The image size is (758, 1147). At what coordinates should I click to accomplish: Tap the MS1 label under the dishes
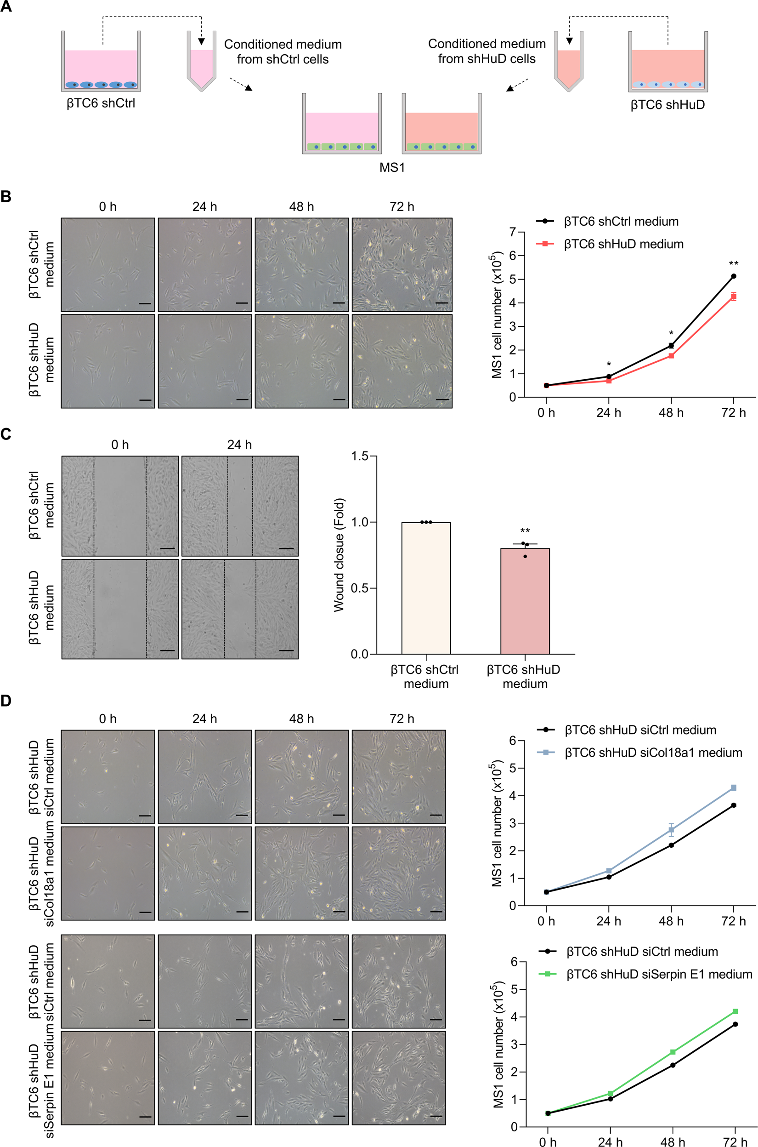pyautogui.click(x=391, y=167)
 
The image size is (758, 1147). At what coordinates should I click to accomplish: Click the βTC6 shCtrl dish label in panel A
pyautogui.click(x=101, y=103)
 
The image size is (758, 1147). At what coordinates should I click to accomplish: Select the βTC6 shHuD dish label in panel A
pyautogui.click(x=667, y=104)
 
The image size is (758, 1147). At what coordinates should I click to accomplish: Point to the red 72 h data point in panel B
pyautogui.click(x=733, y=297)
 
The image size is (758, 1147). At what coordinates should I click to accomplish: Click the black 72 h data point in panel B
pyautogui.click(x=733, y=276)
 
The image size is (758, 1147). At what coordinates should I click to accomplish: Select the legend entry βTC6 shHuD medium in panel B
pyautogui.click(x=623, y=244)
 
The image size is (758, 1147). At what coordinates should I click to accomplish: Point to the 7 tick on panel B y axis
pyautogui.click(x=512, y=232)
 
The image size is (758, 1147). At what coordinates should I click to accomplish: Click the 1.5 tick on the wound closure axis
pyautogui.click(x=360, y=456)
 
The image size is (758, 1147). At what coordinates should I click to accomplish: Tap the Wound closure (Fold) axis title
pyautogui.click(x=339, y=555)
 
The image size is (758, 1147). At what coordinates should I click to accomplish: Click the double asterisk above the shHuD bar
pyautogui.click(x=525, y=531)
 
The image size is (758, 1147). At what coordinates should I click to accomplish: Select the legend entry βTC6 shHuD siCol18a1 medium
pyautogui.click(x=653, y=753)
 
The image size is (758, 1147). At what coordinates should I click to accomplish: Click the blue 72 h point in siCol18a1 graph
pyautogui.click(x=733, y=788)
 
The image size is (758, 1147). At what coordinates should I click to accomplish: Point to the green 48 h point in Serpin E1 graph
pyautogui.click(x=673, y=1052)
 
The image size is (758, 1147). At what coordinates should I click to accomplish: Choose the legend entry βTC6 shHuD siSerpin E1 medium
pyautogui.click(x=659, y=974)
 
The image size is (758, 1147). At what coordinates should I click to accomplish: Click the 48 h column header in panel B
pyautogui.click(x=301, y=207)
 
